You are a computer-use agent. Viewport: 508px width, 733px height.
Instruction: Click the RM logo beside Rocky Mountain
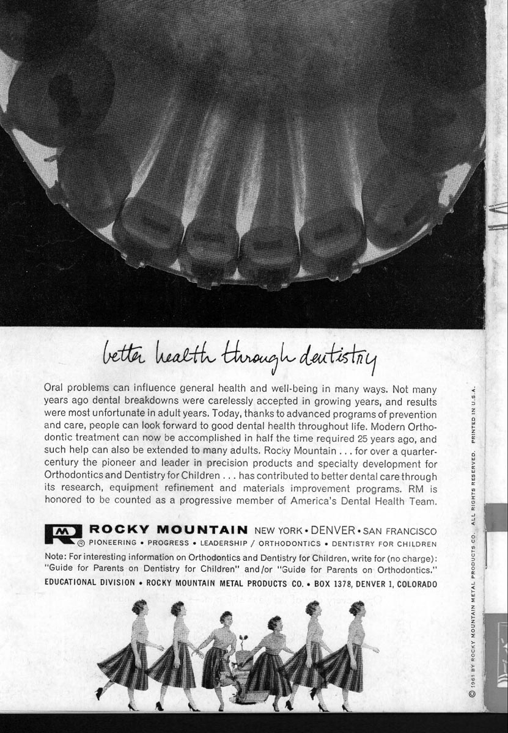click(x=63, y=534)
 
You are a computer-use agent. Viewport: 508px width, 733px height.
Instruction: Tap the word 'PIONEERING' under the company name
click(x=112, y=544)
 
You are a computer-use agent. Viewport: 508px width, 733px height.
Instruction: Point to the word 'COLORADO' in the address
click(x=417, y=584)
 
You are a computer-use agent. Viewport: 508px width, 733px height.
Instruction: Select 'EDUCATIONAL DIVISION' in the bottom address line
click(x=90, y=583)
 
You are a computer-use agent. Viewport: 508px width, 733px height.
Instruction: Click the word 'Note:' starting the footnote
click(x=56, y=557)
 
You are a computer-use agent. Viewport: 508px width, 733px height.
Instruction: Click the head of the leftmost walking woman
click(x=139, y=607)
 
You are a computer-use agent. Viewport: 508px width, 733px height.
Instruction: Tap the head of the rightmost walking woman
click(x=356, y=608)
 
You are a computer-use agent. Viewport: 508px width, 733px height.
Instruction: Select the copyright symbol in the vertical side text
click(x=472, y=694)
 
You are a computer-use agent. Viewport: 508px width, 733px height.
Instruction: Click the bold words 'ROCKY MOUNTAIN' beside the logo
click(x=168, y=530)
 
